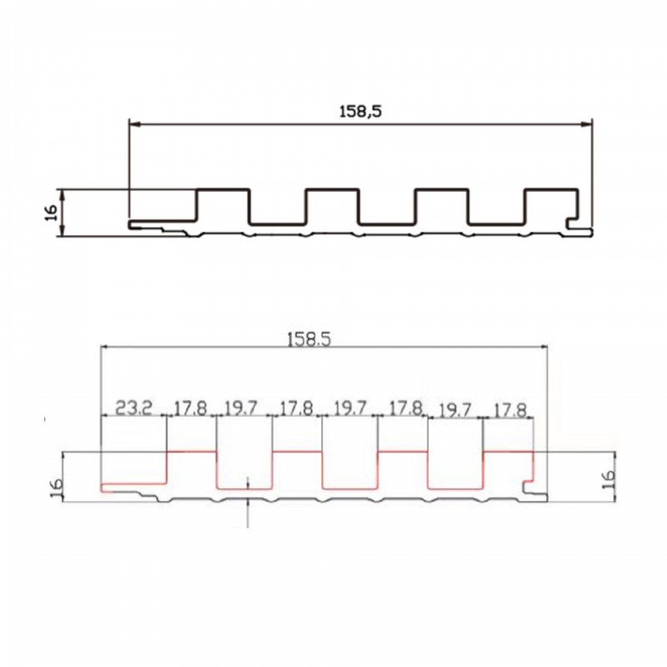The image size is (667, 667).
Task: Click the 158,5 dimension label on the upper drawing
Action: (x=360, y=112)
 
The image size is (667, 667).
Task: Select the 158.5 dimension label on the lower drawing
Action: (x=308, y=339)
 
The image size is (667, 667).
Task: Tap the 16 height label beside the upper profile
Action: (x=51, y=213)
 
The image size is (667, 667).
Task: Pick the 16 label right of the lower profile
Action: (x=609, y=479)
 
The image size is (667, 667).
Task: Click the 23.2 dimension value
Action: (x=133, y=409)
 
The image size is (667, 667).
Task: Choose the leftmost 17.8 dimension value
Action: (x=191, y=409)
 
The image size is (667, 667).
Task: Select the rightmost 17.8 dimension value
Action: (x=509, y=410)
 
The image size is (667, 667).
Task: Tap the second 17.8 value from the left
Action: (x=296, y=409)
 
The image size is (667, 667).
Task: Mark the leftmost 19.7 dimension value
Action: (x=241, y=409)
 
